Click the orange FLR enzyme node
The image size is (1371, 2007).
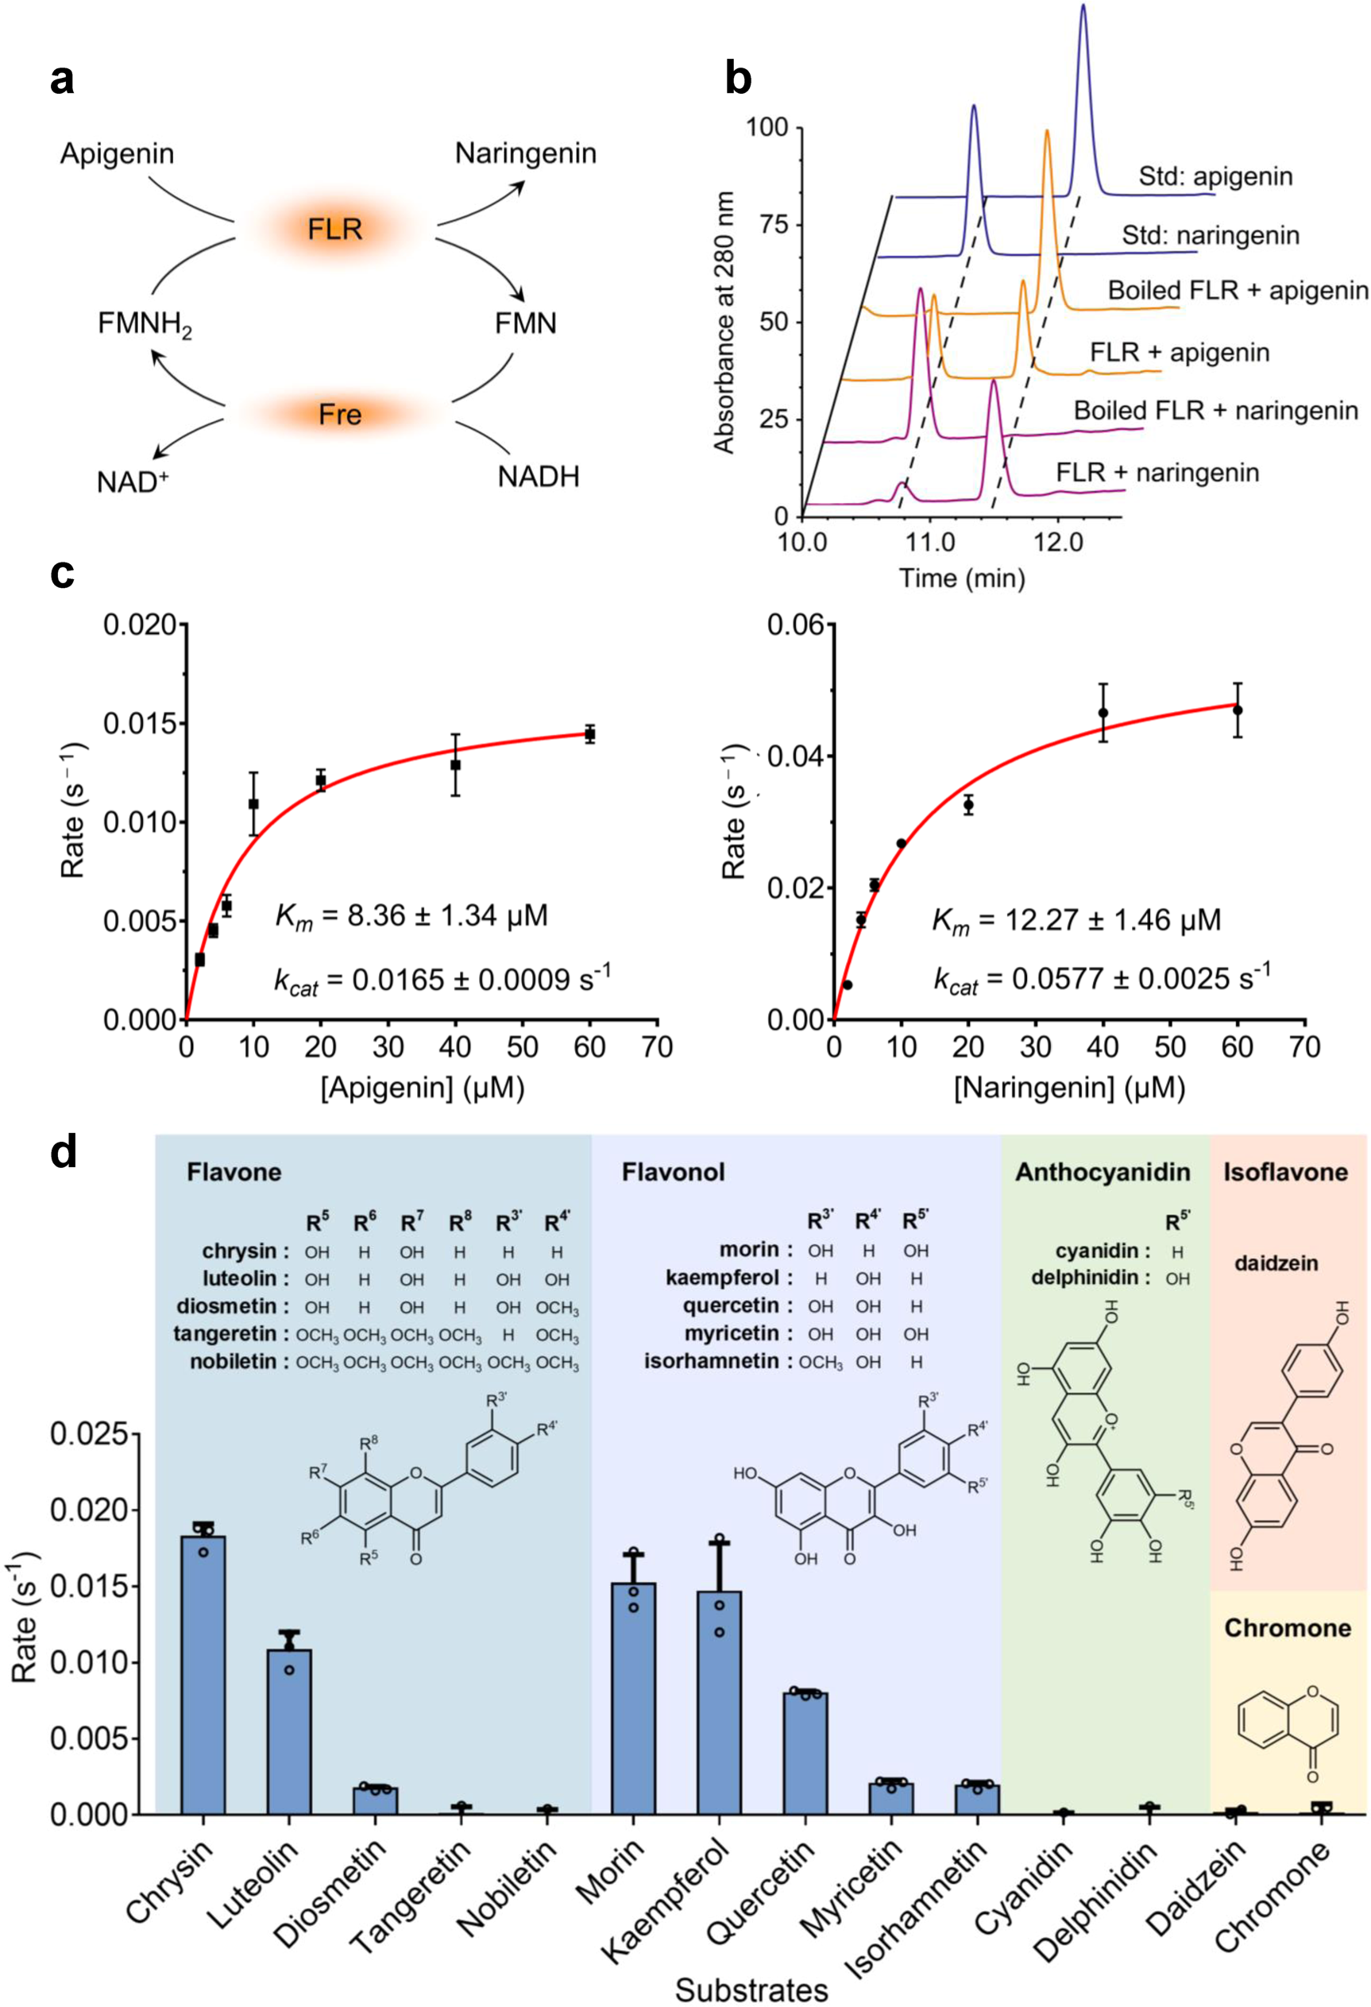335,229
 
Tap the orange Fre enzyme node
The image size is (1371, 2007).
339,415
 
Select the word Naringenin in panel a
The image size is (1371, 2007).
526,153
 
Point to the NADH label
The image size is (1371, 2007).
538,476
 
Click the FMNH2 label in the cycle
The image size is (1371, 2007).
145,326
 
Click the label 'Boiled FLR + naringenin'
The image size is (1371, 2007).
1215,410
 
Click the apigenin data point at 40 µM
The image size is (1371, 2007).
455,764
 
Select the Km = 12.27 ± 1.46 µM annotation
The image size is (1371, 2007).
1076,920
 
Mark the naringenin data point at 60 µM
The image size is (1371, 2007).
1238,710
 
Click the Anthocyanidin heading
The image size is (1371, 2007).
1103,1172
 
